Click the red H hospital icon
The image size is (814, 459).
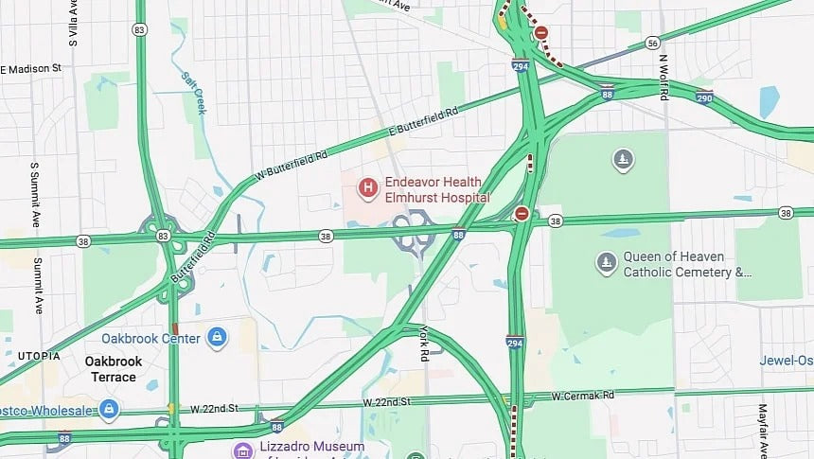pos(366,188)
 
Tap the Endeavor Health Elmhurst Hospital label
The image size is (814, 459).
pos(436,189)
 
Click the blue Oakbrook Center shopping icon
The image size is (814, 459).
pos(217,337)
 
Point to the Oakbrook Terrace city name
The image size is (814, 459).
pos(114,369)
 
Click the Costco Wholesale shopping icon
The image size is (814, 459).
pos(109,409)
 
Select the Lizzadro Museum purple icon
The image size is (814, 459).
pos(243,449)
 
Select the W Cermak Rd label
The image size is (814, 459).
pos(583,395)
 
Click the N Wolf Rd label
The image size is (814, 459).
pos(664,77)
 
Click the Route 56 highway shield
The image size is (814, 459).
pos(651,43)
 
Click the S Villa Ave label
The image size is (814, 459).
pos(73,24)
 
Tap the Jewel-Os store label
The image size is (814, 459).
pos(785,361)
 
